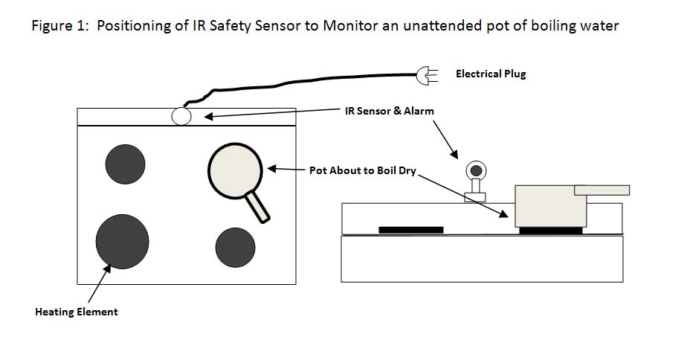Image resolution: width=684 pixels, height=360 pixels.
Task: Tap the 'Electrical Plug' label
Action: click(491, 74)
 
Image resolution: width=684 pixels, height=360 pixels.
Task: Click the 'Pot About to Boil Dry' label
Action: click(362, 170)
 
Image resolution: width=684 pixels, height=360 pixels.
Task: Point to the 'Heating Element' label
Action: click(77, 312)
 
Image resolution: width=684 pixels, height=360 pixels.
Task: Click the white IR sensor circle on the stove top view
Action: click(181, 116)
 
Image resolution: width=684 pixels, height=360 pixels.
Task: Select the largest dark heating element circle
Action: click(123, 241)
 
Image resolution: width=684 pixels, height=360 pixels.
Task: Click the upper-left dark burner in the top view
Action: click(125, 164)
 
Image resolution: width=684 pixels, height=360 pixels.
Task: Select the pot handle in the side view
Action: click(601, 190)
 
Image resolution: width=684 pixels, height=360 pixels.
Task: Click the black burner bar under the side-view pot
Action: click(551, 231)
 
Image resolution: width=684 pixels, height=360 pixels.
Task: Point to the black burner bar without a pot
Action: click(410, 230)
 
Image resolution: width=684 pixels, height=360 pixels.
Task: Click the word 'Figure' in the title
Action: click(52, 26)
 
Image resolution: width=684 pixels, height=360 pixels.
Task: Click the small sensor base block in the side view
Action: click(475, 197)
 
